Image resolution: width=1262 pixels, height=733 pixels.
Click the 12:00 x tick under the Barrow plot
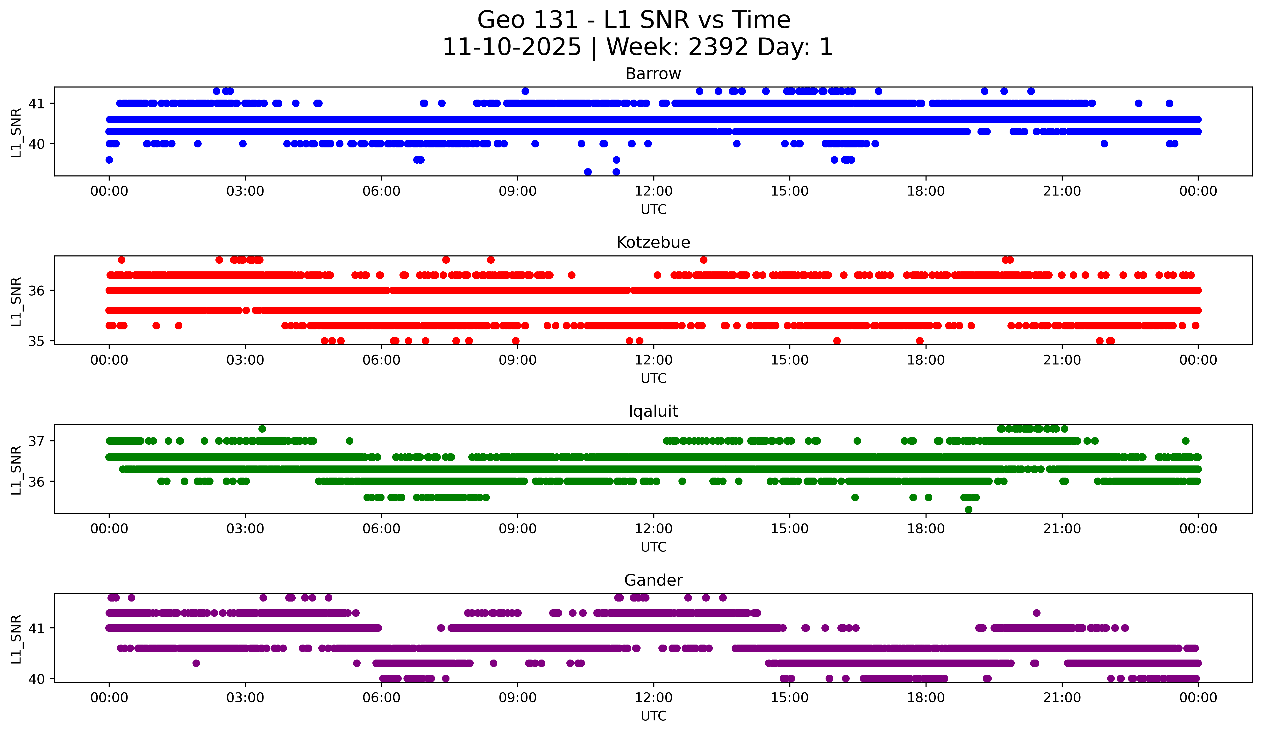pos(654,191)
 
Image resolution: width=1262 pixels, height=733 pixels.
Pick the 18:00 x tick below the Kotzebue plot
pos(926,360)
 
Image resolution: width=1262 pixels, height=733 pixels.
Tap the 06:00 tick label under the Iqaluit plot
pos(382,529)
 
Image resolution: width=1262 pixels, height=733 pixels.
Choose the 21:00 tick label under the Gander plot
pos(1062,698)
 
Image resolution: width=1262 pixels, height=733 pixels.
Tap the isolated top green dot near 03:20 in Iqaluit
pos(262,429)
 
